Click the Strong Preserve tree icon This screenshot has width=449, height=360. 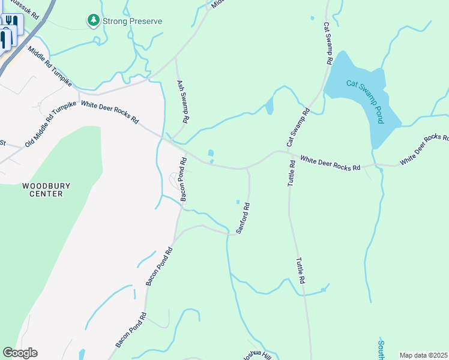93,21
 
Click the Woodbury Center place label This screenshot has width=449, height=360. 42,190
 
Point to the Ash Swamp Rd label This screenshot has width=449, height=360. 182,102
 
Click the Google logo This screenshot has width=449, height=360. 20,353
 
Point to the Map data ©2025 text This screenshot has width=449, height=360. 423,355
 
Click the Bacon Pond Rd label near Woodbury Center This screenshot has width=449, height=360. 184,179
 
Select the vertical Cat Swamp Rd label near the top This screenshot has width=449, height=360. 328,43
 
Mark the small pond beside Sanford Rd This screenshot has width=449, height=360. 238,202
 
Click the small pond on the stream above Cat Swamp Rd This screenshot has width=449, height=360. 269,106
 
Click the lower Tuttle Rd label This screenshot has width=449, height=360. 300,271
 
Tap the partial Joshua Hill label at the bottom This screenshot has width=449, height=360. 256,355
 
